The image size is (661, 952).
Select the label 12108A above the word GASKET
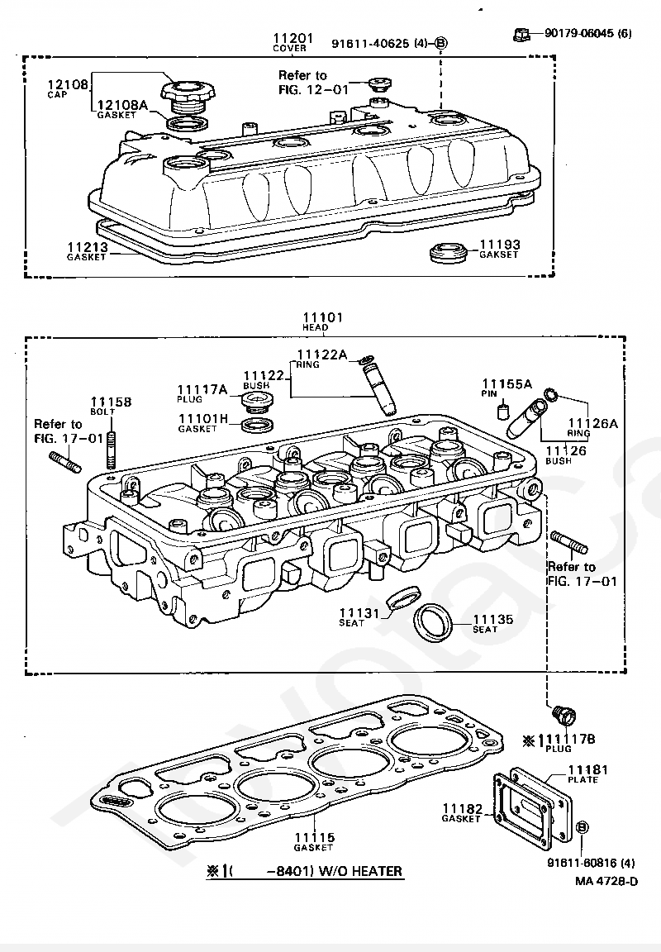point(122,105)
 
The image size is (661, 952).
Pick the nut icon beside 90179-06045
point(521,34)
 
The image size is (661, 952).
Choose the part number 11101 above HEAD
point(322,317)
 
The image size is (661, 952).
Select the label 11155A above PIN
point(507,384)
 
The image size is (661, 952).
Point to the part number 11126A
point(592,423)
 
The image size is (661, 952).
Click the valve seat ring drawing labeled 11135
point(433,621)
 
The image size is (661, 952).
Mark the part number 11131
point(359,612)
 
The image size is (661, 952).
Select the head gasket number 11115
point(315,837)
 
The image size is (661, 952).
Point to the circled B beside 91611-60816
point(582,827)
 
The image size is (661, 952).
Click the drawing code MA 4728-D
point(606,880)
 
